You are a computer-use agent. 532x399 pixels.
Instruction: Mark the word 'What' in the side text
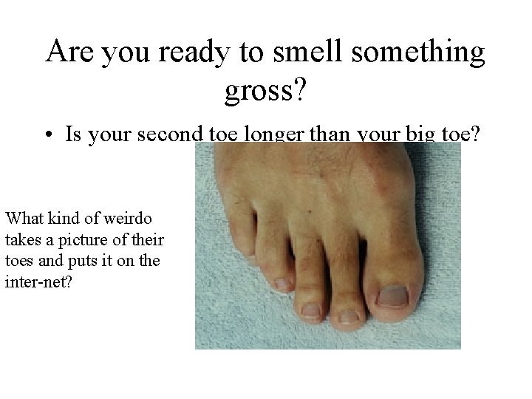[24, 219]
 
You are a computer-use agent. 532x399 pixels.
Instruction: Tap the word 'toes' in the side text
[19, 262]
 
